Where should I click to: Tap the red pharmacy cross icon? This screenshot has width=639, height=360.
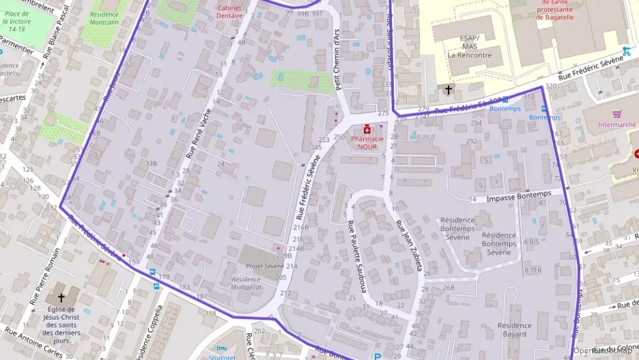click(x=367, y=128)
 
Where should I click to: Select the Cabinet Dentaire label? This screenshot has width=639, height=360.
click(x=229, y=11)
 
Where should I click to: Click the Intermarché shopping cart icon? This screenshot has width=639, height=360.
click(x=617, y=114)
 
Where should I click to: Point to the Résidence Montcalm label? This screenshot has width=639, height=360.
click(x=104, y=18)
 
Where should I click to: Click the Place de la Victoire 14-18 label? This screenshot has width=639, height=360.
click(x=17, y=21)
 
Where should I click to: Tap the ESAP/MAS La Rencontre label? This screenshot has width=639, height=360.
click(x=469, y=46)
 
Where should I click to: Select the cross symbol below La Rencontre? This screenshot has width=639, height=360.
click(x=449, y=89)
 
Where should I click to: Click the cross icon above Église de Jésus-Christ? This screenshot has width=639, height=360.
click(x=61, y=298)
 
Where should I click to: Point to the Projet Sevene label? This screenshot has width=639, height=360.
click(x=264, y=266)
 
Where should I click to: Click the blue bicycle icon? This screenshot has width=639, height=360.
click(x=626, y=51)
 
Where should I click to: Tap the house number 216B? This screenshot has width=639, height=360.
click(x=300, y=227)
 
